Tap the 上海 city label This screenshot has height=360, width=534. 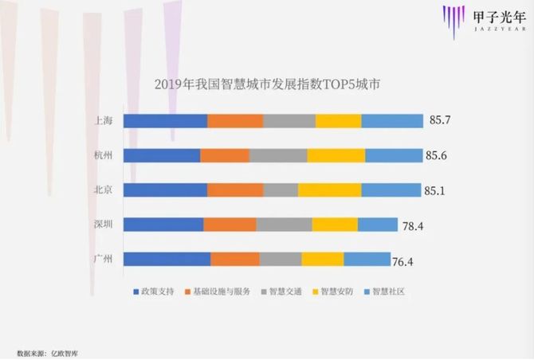[x=103, y=120]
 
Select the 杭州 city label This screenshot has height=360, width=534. [x=103, y=155]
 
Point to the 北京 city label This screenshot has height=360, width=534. [x=103, y=190]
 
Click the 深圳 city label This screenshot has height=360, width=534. [x=103, y=225]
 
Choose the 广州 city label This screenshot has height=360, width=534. [x=103, y=259]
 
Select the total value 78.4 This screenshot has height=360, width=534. [x=412, y=226]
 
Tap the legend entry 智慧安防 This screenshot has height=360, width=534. [x=339, y=292]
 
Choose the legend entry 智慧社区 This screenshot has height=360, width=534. [x=389, y=292]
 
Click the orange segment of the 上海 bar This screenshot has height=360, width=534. [x=235, y=120]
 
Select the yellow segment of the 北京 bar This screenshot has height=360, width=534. [x=329, y=190]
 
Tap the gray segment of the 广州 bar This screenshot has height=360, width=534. [x=280, y=259]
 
